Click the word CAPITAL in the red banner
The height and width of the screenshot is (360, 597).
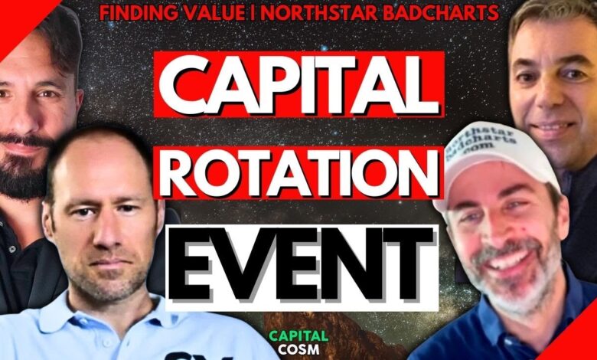click(x=298, y=84)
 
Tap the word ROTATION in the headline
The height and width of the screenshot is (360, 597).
click(x=298, y=172)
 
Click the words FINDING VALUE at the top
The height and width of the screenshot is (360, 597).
click(x=172, y=12)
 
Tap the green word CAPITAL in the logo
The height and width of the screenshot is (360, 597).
click(x=298, y=336)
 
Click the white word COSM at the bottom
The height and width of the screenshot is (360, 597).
click(x=298, y=349)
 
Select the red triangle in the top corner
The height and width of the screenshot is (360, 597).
click(x=19, y=17)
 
